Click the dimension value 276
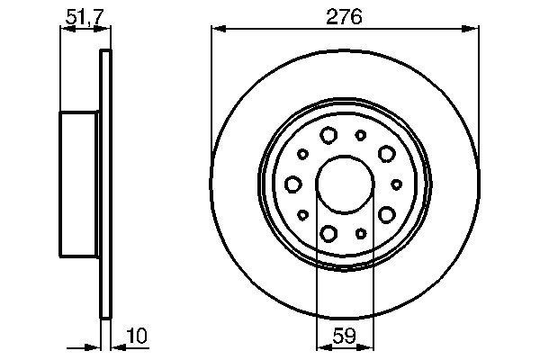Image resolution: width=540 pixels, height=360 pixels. [345, 15]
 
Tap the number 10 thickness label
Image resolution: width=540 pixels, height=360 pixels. [137, 337]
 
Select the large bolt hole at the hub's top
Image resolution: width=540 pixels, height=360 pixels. [328, 136]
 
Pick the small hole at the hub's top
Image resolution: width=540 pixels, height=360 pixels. [361, 135]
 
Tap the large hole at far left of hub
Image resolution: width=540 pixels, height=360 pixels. [292, 184]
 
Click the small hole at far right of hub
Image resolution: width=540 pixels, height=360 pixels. [395, 184]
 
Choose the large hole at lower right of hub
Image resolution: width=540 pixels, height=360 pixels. [387, 214]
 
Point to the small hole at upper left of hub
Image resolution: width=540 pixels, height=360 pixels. [302, 154]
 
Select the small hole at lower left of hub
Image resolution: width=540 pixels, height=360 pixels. [302, 214]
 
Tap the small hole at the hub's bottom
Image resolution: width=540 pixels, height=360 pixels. [361, 233]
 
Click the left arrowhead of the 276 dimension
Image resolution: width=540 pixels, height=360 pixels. [218, 30]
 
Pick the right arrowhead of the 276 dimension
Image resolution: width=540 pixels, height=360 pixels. [472, 30]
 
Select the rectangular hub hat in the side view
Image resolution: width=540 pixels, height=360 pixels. [79, 184]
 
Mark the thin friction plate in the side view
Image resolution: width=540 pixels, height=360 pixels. [104, 184]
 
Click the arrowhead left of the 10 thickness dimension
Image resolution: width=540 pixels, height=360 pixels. [93, 346]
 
